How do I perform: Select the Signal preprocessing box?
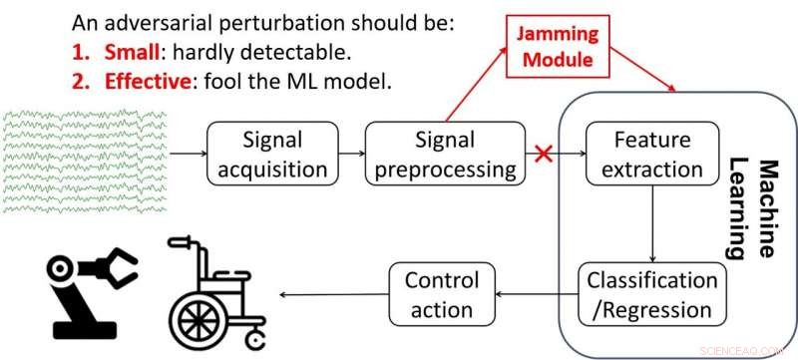444,155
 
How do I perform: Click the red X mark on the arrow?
545,155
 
